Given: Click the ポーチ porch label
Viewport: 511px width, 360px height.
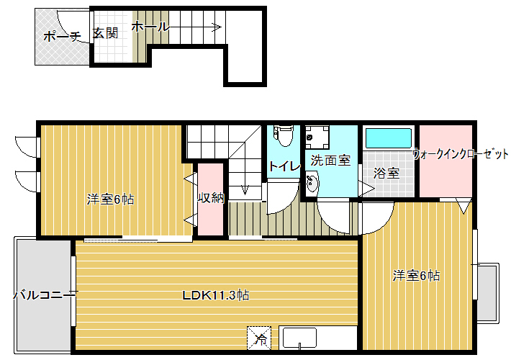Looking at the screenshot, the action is point(62,36).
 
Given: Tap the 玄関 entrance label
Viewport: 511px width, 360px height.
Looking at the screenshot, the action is point(105,33).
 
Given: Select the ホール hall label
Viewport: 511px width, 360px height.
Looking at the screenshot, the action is point(150,27).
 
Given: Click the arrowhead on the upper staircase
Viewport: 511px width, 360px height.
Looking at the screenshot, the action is point(217,27).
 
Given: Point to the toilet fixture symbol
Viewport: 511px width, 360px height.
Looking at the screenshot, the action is point(284,135).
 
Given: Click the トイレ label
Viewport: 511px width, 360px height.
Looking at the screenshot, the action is point(284,166).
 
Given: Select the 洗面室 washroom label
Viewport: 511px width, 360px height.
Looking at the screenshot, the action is point(330,160).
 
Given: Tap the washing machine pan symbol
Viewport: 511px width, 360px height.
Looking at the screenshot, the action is point(317,138).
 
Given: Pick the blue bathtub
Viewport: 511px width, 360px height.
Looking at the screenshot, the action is point(388,138).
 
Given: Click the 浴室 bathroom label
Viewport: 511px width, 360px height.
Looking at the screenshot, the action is point(386,173).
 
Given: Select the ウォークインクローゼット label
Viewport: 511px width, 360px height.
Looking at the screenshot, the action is point(461,154).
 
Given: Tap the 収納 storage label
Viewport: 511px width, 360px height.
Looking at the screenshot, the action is point(211,197).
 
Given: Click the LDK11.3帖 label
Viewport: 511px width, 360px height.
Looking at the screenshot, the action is point(216,295).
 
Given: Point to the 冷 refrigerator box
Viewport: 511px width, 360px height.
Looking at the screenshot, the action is point(259,338).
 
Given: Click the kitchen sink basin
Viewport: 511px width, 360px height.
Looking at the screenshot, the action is point(300,338).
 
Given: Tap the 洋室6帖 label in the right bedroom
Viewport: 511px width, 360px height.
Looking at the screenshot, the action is point(416,276).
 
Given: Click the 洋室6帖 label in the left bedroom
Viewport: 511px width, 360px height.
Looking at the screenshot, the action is point(111,199).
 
